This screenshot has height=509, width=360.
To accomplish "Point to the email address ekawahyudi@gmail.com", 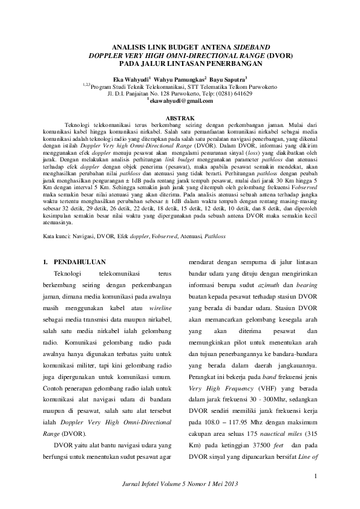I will pyautogui.click(x=182, y=101).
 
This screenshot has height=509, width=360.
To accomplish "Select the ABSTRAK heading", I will pyautogui.click(x=180, y=118).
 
